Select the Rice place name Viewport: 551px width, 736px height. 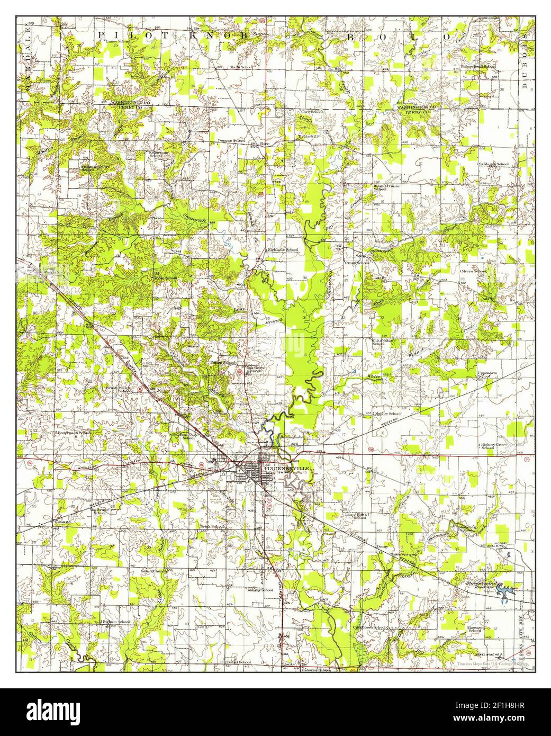click(x=266, y=143)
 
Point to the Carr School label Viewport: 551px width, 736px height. click(x=312, y=112)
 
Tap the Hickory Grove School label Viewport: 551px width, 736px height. click(x=494, y=446)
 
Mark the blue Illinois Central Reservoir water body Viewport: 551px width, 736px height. click(x=505, y=591)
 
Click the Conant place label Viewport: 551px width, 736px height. click(x=62, y=521)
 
